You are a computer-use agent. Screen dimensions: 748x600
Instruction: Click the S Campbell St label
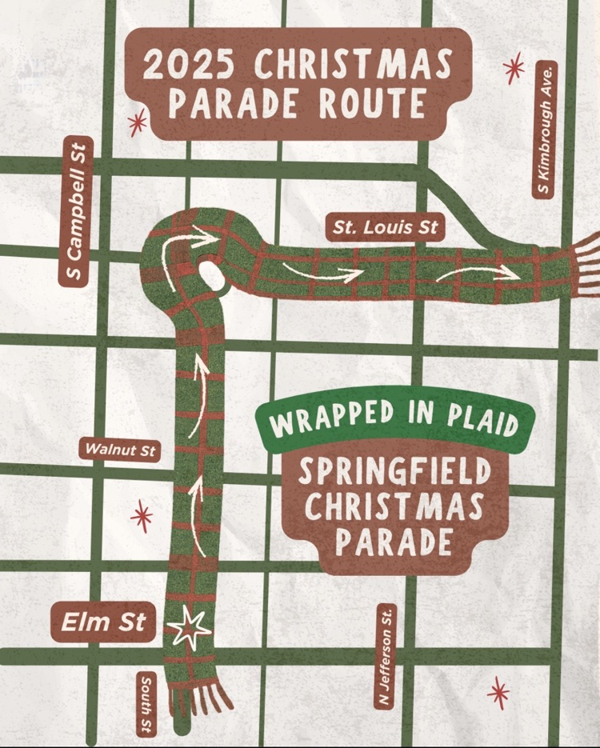77,211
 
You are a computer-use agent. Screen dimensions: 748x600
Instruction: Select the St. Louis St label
386,227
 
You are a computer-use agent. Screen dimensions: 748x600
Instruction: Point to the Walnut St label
120,450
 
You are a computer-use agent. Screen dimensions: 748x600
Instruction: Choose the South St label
146,703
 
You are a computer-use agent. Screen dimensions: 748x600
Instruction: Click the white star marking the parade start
189,629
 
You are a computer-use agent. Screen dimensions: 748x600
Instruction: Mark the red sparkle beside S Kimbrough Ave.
514,67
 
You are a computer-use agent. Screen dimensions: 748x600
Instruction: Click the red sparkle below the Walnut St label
142,516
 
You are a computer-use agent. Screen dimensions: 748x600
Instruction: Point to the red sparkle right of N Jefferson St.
499,692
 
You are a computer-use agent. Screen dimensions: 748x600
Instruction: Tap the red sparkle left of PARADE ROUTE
138,122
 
